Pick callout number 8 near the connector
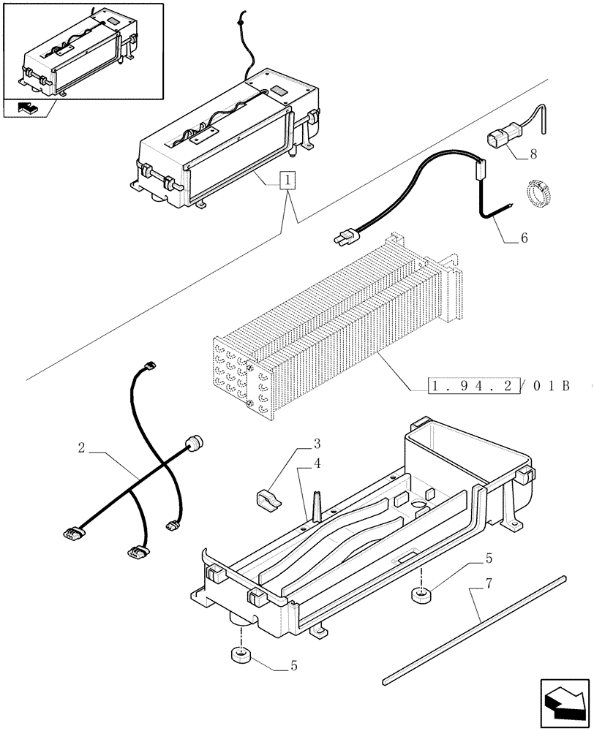(x=533, y=154)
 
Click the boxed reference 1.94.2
(x=472, y=385)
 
